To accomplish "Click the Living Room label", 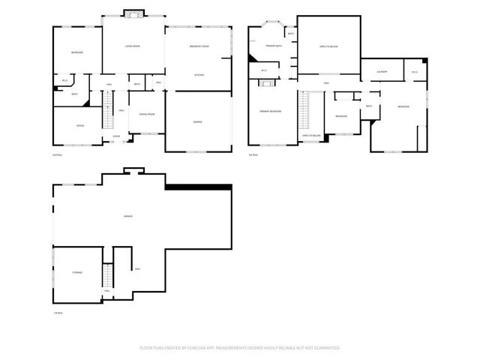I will pos(133,47).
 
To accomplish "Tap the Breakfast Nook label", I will pos(199,47).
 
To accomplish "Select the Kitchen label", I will pos(199,75).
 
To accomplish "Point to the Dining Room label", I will pos(146,114).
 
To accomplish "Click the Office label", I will pos(79,125).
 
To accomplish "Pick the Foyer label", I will pos(116,136).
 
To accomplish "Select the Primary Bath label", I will pos(272,46).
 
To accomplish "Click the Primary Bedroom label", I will pos(271,111).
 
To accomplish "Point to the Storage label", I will pos(77,271).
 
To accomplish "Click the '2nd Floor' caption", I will pos(55,154).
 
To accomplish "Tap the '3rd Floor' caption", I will pos(253,154).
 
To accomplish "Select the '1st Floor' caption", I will pos(57,311).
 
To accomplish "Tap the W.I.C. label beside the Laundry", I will pos(415,72).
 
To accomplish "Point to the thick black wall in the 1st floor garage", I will pos(199,188).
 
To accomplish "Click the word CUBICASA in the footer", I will pos(217,348).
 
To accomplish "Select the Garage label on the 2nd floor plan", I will pos(197,121).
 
